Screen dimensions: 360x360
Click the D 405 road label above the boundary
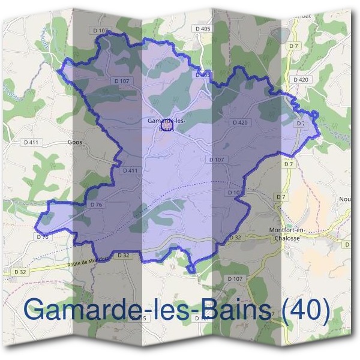click(x=203, y=28)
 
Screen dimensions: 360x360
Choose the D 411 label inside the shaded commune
click(x=130, y=170)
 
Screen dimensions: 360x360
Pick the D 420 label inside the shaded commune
click(x=239, y=122)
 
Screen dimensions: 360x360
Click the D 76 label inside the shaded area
click(x=97, y=205)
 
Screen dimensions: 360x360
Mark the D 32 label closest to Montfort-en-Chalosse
click(x=235, y=238)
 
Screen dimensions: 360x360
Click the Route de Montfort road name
click(x=89, y=260)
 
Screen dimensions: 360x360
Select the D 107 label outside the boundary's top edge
click(x=101, y=30)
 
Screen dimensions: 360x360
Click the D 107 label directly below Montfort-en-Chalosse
click(x=235, y=279)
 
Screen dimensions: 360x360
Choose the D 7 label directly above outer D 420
click(x=293, y=46)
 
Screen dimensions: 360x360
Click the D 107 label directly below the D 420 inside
click(x=217, y=160)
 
